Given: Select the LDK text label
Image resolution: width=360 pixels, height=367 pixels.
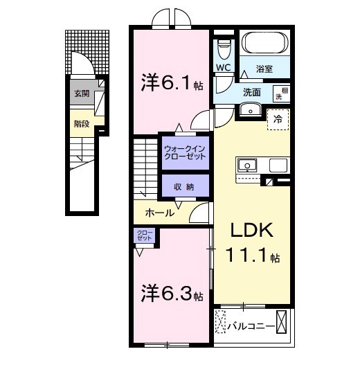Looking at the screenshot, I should [248, 231].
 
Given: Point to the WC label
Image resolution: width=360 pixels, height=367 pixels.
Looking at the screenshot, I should [222, 67].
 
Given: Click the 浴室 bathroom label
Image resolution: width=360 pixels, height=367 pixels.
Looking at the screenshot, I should [264, 69].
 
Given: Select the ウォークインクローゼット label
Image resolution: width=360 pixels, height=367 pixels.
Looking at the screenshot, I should [185, 152].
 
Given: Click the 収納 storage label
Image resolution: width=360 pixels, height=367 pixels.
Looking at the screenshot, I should [184, 187].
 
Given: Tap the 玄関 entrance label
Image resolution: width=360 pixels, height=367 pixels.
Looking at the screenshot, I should [81, 93].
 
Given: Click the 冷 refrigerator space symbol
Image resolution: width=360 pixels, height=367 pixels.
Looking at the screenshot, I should [278, 118].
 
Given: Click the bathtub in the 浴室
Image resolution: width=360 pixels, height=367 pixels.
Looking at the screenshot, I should [264, 45].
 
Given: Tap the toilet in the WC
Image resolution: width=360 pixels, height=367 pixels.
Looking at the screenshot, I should [223, 48].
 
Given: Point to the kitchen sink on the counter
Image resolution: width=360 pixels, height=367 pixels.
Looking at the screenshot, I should [247, 165].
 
